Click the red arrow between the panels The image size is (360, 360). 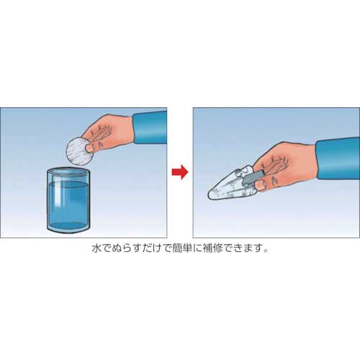pos(180,171)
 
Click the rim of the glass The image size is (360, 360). pos(68,171)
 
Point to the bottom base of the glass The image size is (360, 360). pos(69,230)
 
